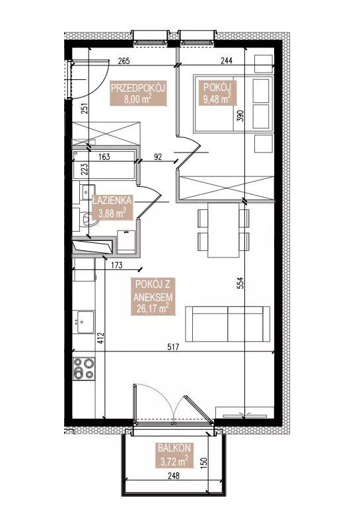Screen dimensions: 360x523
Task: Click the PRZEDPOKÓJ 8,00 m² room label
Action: tap(139, 94)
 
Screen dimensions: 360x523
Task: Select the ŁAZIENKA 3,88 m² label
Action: tap(112, 207)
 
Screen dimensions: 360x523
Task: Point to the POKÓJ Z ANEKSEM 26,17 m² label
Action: tap(154, 296)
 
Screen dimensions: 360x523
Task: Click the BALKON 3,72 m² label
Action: tap(174, 454)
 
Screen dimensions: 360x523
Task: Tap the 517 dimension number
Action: tap(174, 347)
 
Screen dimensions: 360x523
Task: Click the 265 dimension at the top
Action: tap(124, 61)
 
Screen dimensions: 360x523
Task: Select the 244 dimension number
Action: tap(226, 60)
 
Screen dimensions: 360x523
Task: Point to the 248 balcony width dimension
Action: tap(174, 475)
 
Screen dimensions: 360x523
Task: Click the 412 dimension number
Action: tap(101, 339)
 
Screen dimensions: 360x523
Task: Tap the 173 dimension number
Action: tap(116, 265)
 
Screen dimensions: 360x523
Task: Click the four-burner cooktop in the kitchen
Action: tap(84, 368)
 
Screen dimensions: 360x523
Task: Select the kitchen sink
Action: tap(85, 322)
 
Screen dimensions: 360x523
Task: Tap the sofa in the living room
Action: tap(228, 324)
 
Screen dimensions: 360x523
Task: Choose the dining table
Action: tap(223, 230)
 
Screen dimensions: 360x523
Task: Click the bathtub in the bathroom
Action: tap(104, 164)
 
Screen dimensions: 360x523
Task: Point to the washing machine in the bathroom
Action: tap(127, 240)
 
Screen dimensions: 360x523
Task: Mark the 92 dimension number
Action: tap(158, 157)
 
